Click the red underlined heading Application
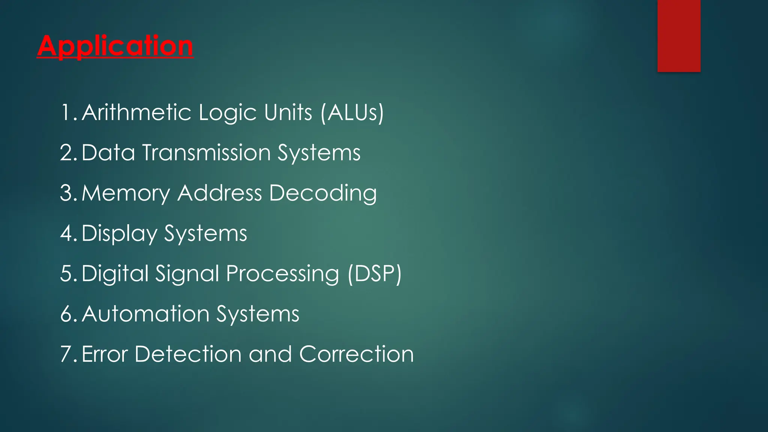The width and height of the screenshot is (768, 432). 115,46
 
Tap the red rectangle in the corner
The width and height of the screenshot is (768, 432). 679,36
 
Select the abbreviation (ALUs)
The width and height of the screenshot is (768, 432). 352,112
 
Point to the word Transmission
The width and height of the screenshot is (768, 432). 206,153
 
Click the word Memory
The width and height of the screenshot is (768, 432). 126,193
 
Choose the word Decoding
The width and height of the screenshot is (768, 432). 323,193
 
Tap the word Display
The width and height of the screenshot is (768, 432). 119,234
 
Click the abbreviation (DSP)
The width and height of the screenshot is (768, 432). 374,274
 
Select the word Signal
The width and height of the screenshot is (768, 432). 187,274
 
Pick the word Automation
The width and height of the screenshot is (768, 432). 145,314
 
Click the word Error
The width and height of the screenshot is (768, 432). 105,354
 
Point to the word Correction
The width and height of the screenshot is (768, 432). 356,354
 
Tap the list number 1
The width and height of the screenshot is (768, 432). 67,112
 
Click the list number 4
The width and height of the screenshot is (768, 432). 67,234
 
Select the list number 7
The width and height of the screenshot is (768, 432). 67,354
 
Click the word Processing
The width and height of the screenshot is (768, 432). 282,274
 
